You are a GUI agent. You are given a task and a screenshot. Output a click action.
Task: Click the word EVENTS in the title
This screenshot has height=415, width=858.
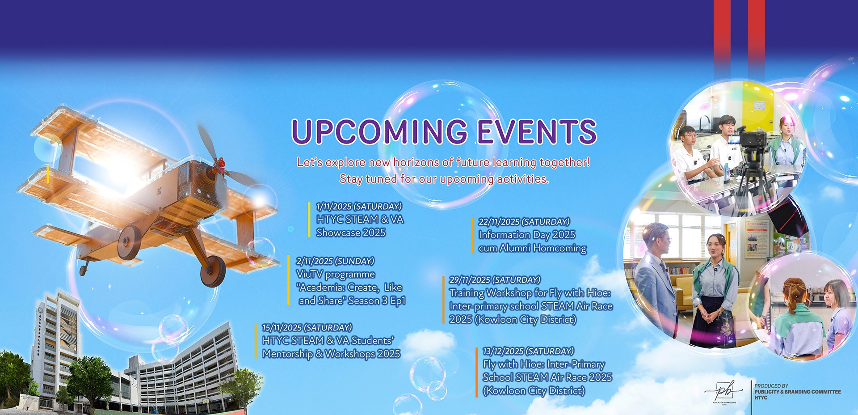click(x=537, y=131)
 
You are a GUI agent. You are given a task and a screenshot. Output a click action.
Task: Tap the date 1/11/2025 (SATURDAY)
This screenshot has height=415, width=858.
click(x=359, y=207)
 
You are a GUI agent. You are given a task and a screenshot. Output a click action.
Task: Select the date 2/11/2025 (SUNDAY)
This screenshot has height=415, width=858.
click(x=335, y=261)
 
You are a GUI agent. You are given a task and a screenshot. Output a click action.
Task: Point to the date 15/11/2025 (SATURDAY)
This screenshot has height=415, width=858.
click(x=307, y=328)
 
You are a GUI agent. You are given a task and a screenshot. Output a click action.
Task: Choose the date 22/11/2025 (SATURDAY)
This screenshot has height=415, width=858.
click(x=524, y=222)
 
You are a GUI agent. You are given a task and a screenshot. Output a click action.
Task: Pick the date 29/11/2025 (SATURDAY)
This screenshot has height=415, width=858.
click(x=495, y=280)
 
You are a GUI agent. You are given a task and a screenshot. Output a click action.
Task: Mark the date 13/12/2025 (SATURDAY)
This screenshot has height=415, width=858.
click(x=528, y=351)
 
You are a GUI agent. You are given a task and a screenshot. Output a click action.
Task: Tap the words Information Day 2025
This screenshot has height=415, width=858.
click(x=527, y=235)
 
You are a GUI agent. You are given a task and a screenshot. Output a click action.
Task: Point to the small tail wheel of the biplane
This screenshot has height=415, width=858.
click(x=83, y=270)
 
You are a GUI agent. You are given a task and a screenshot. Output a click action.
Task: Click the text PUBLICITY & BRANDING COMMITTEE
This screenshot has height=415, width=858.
click(x=798, y=392)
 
